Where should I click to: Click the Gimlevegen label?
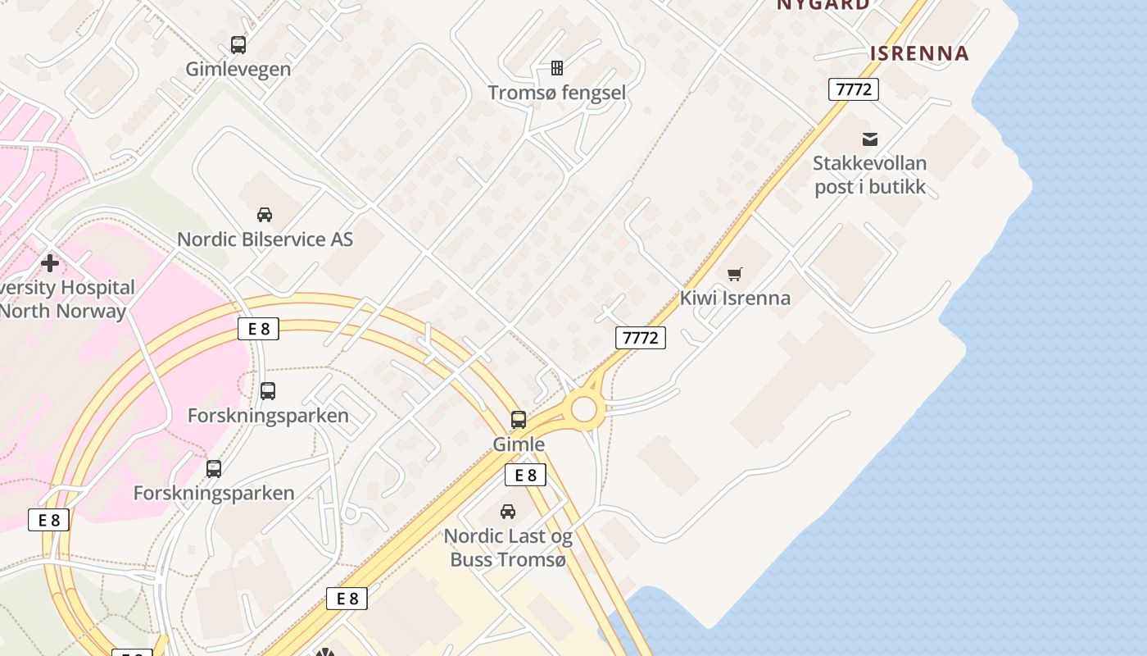click(x=238, y=69)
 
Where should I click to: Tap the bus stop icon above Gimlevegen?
click(x=238, y=44)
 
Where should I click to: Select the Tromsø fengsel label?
click(x=556, y=93)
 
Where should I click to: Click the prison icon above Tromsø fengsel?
click(x=557, y=67)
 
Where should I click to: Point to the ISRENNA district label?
click(x=919, y=53)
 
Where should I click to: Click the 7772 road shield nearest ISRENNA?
click(x=854, y=89)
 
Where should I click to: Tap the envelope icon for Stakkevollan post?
click(x=870, y=139)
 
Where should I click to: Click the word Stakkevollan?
click(x=869, y=163)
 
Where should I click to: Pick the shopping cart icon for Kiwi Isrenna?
click(x=735, y=274)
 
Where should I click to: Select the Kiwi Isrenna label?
click(x=735, y=298)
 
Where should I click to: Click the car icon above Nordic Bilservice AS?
click(x=265, y=215)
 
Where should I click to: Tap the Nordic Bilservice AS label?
click(x=265, y=239)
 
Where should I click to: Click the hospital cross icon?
click(x=50, y=263)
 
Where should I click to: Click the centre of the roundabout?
click(x=584, y=408)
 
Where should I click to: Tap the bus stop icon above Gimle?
click(x=519, y=420)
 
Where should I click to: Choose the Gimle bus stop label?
click(x=519, y=444)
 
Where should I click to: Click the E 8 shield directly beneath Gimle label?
click(x=525, y=475)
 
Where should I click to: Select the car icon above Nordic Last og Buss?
click(x=508, y=512)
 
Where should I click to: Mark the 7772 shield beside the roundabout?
click(x=641, y=337)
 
